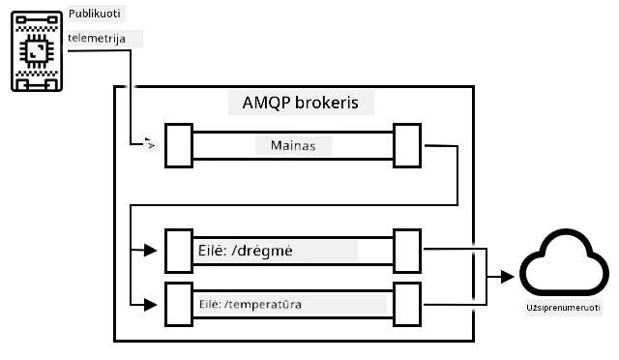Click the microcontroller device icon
(x=37, y=51)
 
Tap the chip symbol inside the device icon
(x=37, y=51)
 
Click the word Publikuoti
(x=95, y=14)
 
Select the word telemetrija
(x=97, y=39)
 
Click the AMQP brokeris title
(x=301, y=103)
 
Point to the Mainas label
(x=293, y=145)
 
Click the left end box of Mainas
(x=179, y=145)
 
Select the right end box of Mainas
(x=407, y=145)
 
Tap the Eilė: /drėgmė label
(x=245, y=251)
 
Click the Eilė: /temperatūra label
(x=251, y=304)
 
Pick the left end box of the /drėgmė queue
(x=179, y=251)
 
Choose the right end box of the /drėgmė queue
(x=407, y=251)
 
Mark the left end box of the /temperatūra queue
(x=179, y=304)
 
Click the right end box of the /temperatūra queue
(x=407, y=304)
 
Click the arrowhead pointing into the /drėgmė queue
(x=151, y=250)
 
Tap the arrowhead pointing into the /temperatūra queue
(x=151, y=305)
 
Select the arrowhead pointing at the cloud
(x=508, y=277)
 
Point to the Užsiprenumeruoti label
(x=563, y=308)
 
